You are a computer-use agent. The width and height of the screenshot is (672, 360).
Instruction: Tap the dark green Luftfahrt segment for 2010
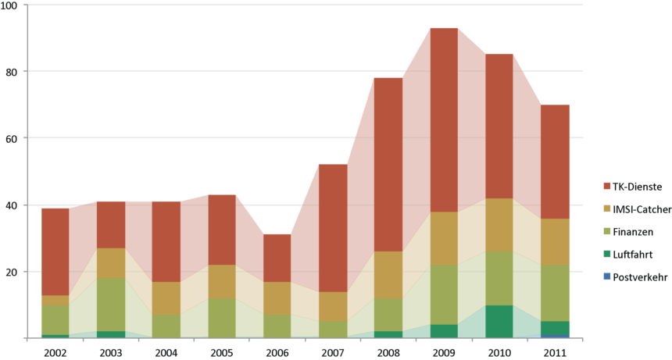pyautogui.click(x=499, y=321)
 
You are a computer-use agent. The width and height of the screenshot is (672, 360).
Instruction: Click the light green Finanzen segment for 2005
pyautogui.click(x=222, y=318)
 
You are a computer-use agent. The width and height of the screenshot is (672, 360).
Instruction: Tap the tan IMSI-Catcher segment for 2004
pyautogui.click(x=166, y=298)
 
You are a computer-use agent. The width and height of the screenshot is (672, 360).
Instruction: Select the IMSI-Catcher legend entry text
pyautogui.click(x=640, y=209)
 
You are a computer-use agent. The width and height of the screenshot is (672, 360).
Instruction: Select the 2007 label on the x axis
pyautogui.click(x=333, y=351)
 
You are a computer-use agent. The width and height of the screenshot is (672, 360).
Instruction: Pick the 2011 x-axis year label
pyautogui.click(x=555, y=351)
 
